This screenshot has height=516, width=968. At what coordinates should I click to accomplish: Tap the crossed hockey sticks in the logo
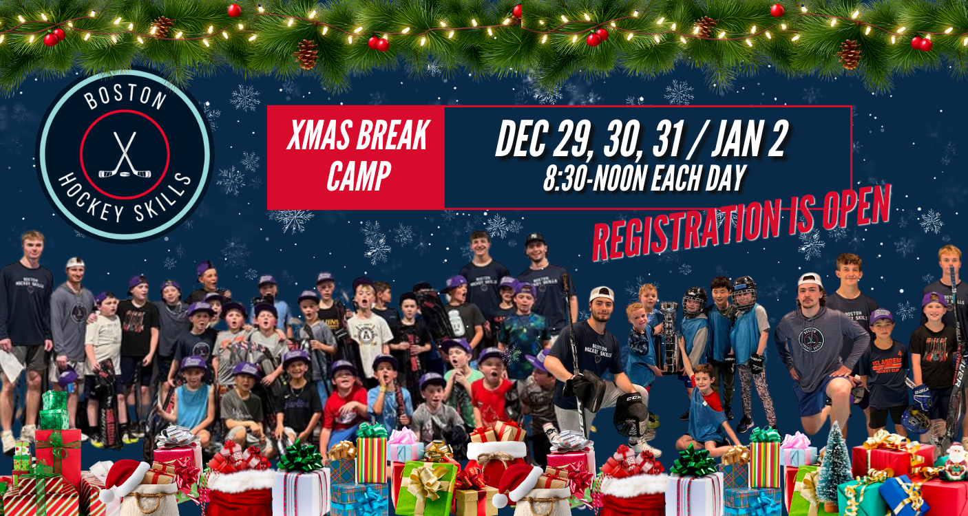(125, 155)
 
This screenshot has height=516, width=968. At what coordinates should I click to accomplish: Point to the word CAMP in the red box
(359, 175)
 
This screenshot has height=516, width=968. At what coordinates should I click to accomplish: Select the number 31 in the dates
(668, 139)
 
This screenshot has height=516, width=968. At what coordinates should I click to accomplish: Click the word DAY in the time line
(726, 178)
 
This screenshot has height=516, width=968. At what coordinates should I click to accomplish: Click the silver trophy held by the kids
(669, 337)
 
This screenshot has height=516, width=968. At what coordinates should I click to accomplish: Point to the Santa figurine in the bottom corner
(954, 463)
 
